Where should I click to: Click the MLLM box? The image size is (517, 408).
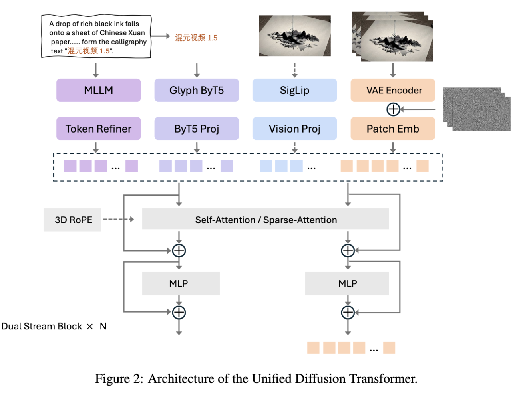point(98,90)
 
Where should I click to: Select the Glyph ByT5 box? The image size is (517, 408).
point(197,90)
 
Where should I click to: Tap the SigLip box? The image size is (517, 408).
point(294,90)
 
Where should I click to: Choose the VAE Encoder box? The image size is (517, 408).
point(393,90)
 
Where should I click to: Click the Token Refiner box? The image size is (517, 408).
point(98,129)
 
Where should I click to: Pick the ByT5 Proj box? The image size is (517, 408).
point(197,129)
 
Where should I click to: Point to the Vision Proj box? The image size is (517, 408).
point(294,129)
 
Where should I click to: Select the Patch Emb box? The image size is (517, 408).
point(393,129)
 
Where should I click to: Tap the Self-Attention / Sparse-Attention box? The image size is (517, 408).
point(265,219)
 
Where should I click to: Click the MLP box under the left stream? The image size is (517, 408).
point(181,283)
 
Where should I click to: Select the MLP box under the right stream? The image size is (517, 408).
point(347,283)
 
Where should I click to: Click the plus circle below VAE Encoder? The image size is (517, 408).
point(393,109)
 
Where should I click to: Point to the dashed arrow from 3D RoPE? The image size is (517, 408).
point(118,219)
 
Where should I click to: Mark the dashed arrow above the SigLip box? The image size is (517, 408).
point(294,70)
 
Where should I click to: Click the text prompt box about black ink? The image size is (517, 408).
point(96,37)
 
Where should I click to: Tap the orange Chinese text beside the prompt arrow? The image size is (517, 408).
point(196,38)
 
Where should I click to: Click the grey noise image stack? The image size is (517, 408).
point(477,109)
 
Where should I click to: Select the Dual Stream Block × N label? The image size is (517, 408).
point(54,326)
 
